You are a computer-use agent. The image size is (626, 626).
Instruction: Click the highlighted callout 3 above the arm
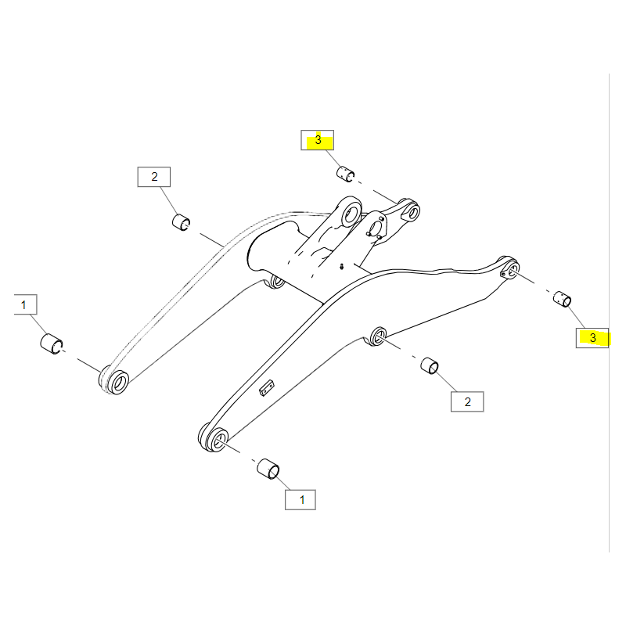click(x=318, y=140)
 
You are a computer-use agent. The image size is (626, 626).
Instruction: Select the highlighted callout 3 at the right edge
click(x=592, y=338)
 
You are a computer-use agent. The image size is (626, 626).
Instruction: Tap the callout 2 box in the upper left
click(x=154, y=177)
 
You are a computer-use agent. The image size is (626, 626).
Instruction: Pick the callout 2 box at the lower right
click(x=467, y=401)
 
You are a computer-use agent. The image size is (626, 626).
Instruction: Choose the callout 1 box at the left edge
click(x=25, y=304)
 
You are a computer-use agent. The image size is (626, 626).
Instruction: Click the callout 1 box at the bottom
click(x=300, y=500)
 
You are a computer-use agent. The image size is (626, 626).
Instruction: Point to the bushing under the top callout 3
click(x=345, y=174)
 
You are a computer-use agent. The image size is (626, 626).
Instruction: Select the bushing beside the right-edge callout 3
click(x=562, y=299)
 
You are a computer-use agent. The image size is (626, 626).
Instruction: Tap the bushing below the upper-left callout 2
click(x=182, y=222)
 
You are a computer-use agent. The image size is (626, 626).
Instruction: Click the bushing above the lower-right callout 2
click(x=430, y=365)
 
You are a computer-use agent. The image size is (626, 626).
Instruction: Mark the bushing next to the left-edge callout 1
click(x=52, y=344)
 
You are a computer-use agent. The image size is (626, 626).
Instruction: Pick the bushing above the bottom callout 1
click(x=268, y=469)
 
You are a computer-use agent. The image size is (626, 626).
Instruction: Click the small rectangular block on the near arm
click(x=267, y=387)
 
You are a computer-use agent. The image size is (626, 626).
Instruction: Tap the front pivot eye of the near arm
click(x=214, y=439)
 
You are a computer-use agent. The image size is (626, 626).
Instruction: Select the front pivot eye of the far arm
click(x=114, y=381)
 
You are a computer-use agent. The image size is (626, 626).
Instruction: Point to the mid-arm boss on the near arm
click(x=377, y=336)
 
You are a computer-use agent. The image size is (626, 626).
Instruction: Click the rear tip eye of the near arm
click(x=510, y=268)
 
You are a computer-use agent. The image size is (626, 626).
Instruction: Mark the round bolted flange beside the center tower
click(x=376, y=228)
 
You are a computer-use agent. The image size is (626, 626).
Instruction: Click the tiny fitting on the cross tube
click(x=341, y=266)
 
